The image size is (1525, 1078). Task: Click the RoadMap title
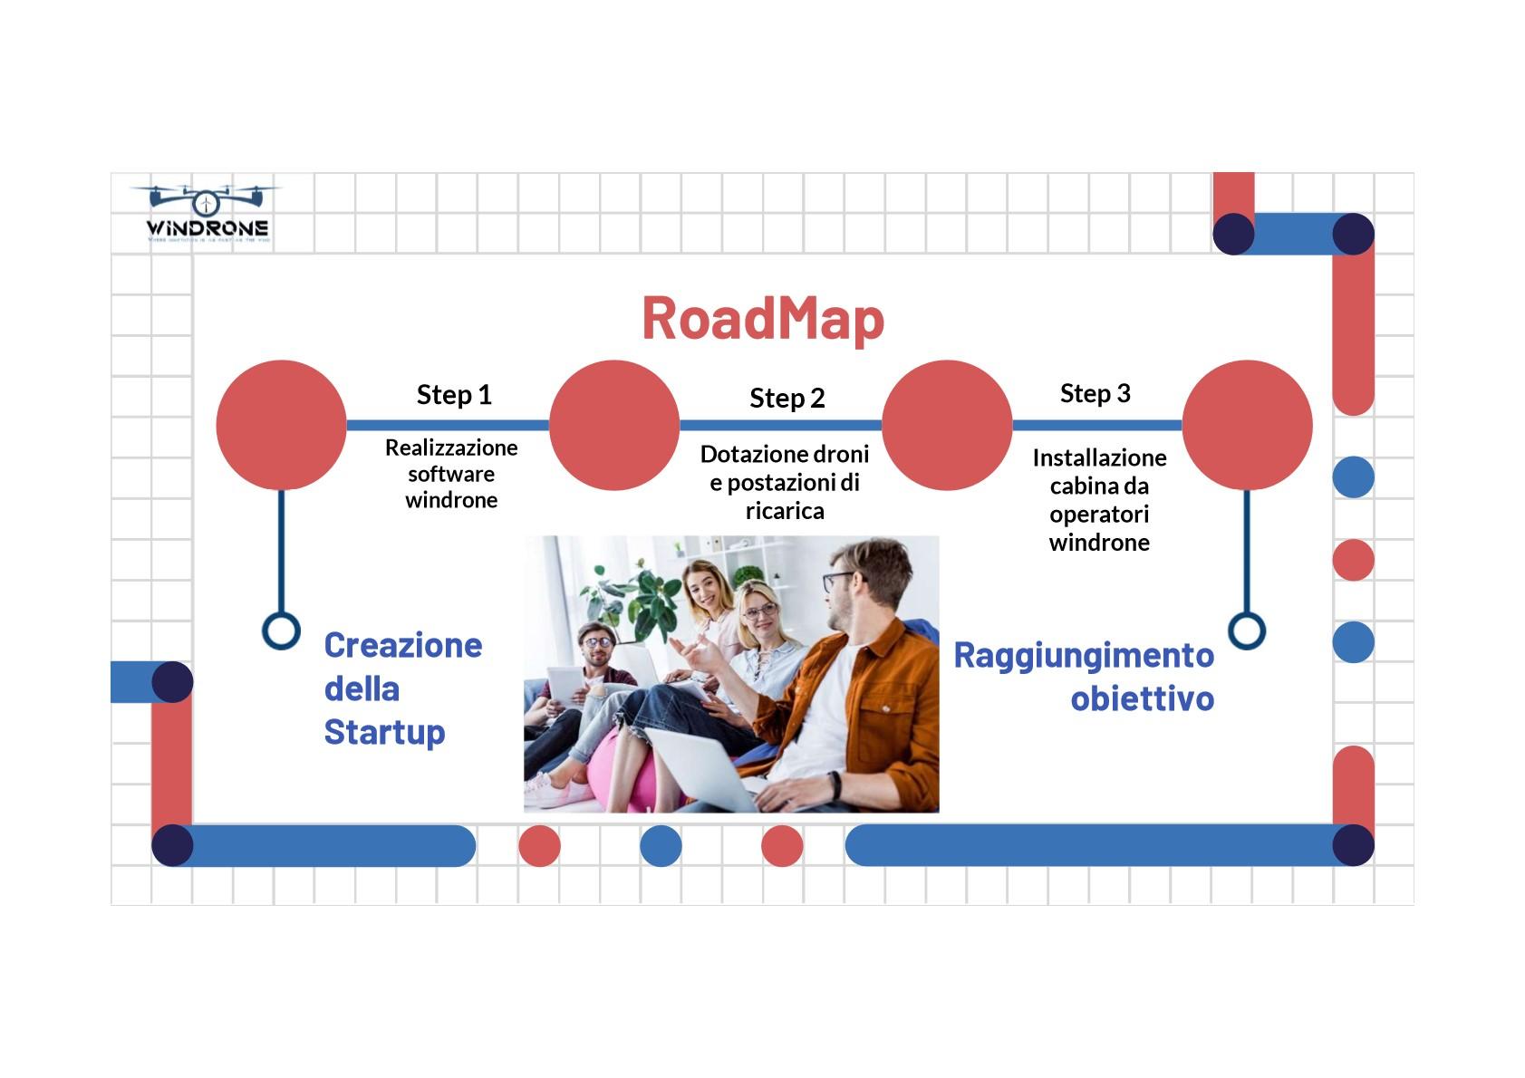[x=762, y=319]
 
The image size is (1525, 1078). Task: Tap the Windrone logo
[x=208, y=216]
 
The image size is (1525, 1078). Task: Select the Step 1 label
[x=454, y=395]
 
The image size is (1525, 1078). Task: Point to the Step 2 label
[x=787, y=399]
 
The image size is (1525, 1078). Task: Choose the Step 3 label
[x=1095, y=394]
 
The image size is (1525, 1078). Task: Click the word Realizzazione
[x=451, y=448]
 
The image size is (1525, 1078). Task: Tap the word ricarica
[x=785, y=511]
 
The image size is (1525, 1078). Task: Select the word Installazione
[x=1099, y=457]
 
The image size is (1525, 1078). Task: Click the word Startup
[x=384, y=732]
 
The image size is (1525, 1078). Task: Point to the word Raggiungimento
[x=1083, y=655]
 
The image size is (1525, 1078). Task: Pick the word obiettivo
[x=1142, y=698]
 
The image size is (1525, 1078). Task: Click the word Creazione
[x=403, y=646]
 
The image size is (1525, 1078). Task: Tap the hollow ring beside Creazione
[x=281, y=630]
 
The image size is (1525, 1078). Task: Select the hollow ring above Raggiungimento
[x=1246, y=630]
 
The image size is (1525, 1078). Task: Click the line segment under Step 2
[x=780, y=425]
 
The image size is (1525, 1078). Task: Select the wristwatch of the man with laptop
[x=835, y=785]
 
